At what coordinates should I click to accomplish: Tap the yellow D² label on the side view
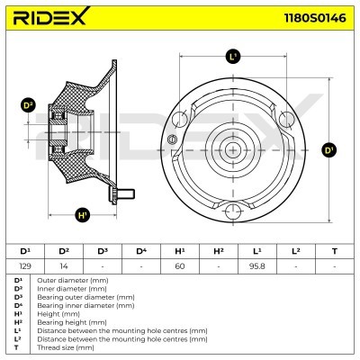pyautogui.click(x=28, y=105)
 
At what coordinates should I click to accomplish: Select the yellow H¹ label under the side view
pyautogui.click(x=83, y=215)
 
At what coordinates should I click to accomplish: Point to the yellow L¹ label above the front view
pyautogui.click(x=234, y=57)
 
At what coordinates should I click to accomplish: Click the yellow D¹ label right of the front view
pyautogui.click(x=328, y=149)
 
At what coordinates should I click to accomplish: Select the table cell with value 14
pyautogui.click(x=63, y=265)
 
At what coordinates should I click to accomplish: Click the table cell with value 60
pyautogui.click(x=180, y=265)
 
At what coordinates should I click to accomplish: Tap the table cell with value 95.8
pyautogui.click(x=257, y=265)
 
